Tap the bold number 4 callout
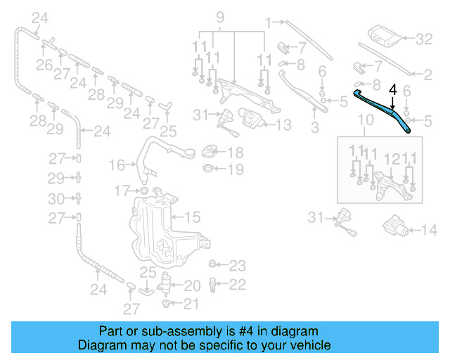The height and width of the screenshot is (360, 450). [x=392, y=90]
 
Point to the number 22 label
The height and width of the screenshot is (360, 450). [x=238, y=284]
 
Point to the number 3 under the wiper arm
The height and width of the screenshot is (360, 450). [x=314, y=127]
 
